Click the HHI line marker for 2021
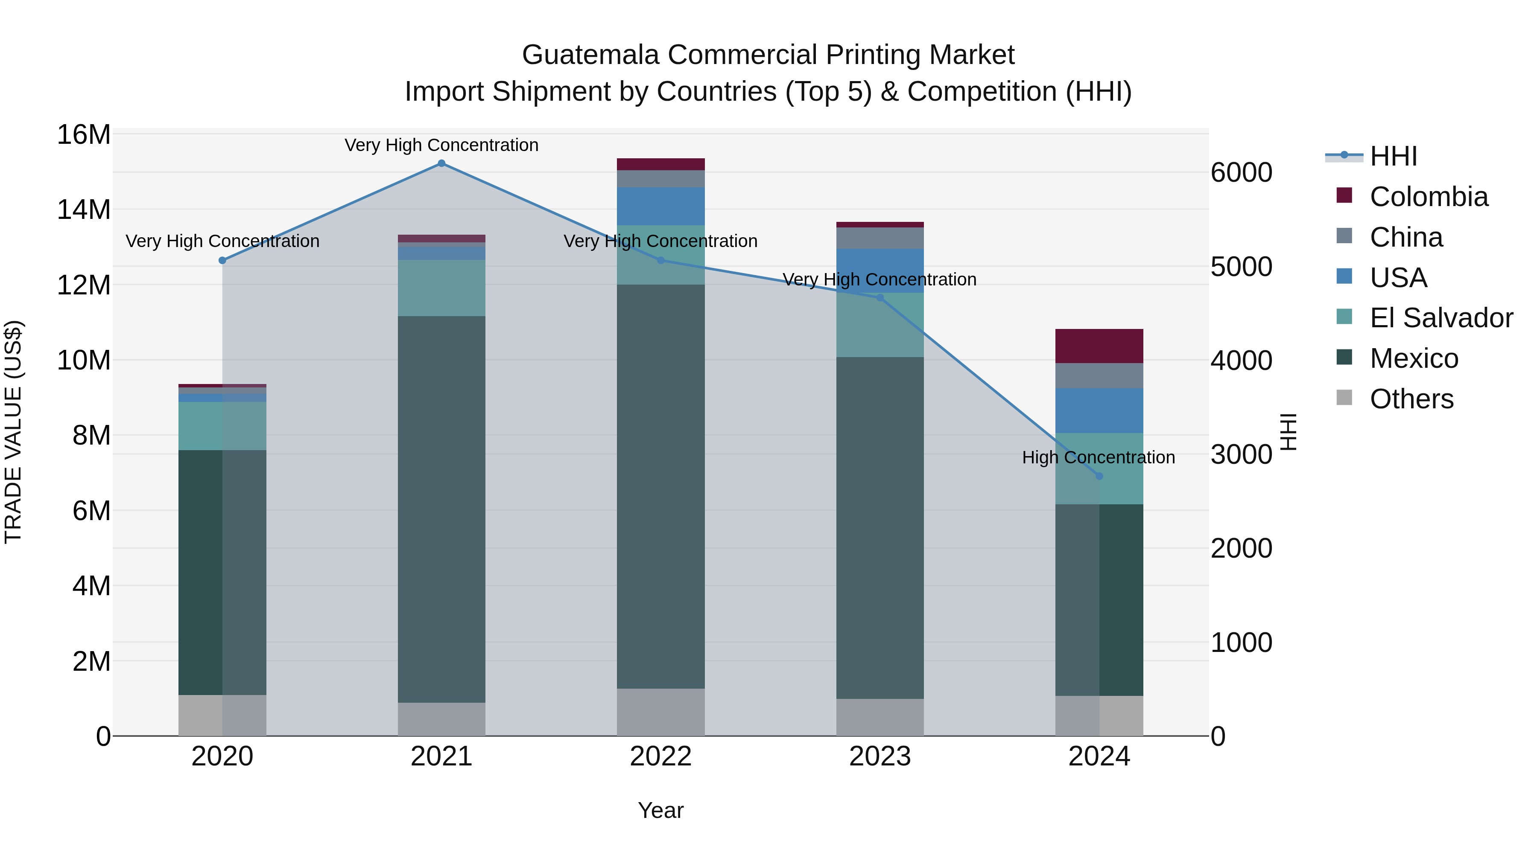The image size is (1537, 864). [441, 163]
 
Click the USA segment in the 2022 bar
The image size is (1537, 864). [660, 207]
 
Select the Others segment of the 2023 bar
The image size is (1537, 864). [880, 717]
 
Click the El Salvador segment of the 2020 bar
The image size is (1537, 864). [222, 426]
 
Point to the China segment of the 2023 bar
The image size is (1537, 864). [880, 238]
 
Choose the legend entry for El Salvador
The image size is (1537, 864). [1441, 318]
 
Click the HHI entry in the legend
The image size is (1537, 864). [1393, 156]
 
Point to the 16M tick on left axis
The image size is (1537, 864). [84, 135]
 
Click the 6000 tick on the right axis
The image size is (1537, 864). [1241, 173]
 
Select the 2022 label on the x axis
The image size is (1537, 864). [660, 756]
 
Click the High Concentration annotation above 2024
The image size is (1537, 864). [1099, 457]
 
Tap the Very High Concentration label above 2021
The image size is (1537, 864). [441, 145]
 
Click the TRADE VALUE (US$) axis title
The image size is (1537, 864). [13, 432]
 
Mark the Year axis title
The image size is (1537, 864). [660, 810]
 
